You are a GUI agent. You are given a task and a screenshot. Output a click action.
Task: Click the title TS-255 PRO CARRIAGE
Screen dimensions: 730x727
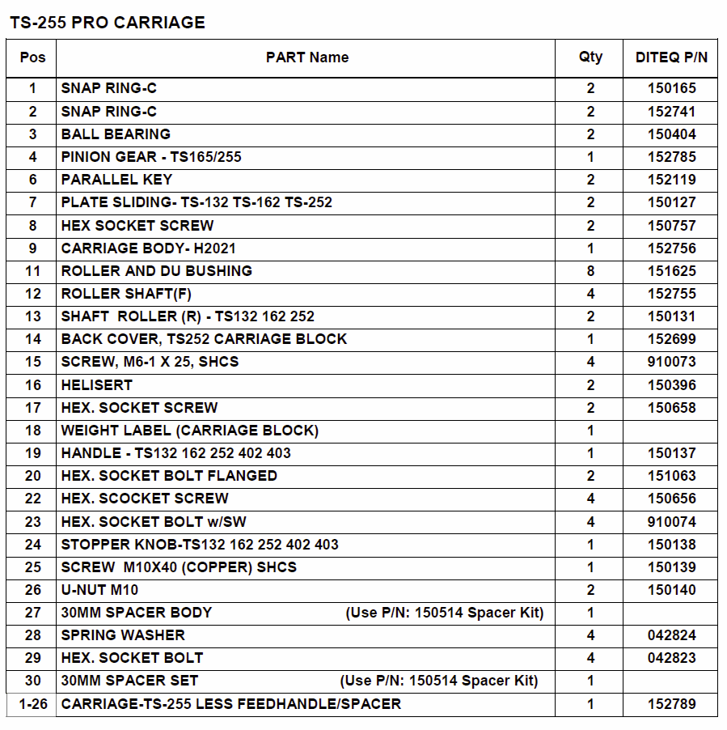pyautogui.click(x=108, y=23)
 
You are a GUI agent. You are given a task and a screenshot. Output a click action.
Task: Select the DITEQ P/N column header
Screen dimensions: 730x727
pyautogui.click(x=671, y=57)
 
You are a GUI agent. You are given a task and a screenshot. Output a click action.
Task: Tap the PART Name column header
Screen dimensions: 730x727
pyautogui.click(x=306, y=57)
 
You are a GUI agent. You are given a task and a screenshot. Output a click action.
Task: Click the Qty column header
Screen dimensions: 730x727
pyautogui.click(x=590, y=57)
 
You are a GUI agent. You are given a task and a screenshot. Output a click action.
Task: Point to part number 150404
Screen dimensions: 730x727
pyautogui.click(x=671, y=134)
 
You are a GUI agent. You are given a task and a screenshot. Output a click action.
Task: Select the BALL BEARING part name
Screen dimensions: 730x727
pyautogui.click(x=116, y=134)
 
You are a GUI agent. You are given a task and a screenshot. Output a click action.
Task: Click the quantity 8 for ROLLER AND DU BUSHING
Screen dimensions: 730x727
pyautogui.click(x=590, y=271)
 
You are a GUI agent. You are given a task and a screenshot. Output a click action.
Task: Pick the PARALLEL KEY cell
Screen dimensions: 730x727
pyautogui.click(x=116, y=180)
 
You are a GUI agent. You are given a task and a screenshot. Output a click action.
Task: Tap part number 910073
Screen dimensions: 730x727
pyautogui.click(x=671, y=362)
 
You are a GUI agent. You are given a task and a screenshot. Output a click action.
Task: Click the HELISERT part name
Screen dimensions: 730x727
pyautogui.click(x=96, y=385)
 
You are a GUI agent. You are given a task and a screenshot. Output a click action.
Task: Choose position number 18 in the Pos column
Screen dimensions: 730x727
pyautogui.click(x=32, y=431)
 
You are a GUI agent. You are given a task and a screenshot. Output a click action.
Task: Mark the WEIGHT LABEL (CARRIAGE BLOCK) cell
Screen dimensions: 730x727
pyautogui.click(x=190, y=431)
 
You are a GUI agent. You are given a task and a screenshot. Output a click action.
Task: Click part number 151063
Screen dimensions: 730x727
pyautogui.click(x=671, y=476)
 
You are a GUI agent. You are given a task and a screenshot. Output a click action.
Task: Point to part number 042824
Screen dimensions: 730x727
pyautogui.click(x=671, y=635)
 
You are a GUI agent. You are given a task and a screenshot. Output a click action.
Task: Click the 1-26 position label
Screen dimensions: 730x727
pyautogui.click(x=32, y=704)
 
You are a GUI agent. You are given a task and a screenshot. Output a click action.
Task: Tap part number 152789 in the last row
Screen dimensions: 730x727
pyautogui.click(x=671, y=704)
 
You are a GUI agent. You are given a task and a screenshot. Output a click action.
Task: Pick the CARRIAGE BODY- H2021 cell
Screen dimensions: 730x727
pyautogui.click(x=148, y=248)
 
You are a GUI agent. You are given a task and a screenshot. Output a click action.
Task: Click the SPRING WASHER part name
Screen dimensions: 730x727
pyautogui.click(x=123, y=635)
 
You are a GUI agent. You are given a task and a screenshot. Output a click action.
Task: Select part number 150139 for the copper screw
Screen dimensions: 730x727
pyautogui.click(x=671, y=567)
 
